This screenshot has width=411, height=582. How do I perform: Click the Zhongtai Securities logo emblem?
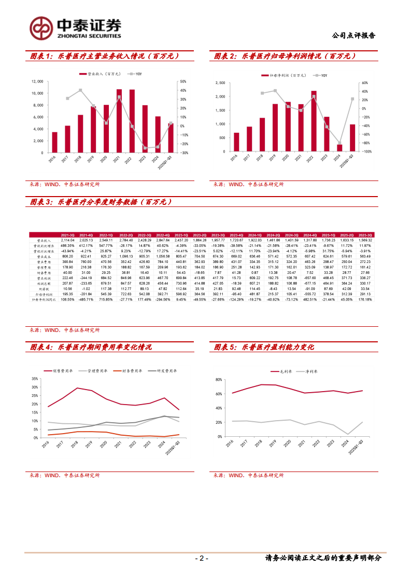point(40,28)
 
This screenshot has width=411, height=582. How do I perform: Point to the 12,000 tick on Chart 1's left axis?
point(37,81)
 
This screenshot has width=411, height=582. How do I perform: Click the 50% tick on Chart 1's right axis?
point(183,81)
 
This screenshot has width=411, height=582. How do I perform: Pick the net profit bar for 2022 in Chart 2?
point(314,121)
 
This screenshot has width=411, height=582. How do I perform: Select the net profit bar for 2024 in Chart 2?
point(339,148)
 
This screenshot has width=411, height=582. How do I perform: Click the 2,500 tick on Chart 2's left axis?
point(220,82)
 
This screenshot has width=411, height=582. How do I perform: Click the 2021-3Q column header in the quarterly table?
point(68,235)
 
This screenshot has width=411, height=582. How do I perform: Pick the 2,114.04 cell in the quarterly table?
point(68,240)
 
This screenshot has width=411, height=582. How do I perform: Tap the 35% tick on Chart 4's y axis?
point(35,372)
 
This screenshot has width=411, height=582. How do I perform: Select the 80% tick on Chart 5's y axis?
point(218,380)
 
